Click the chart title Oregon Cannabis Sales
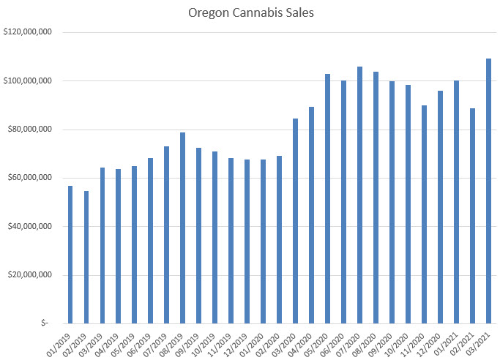coord(250,12)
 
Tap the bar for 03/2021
coord(489,191)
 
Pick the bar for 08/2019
coord(183,228)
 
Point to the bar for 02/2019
coord(86,257)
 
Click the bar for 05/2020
coord(328,198)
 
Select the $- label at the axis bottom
coord(45,323)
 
